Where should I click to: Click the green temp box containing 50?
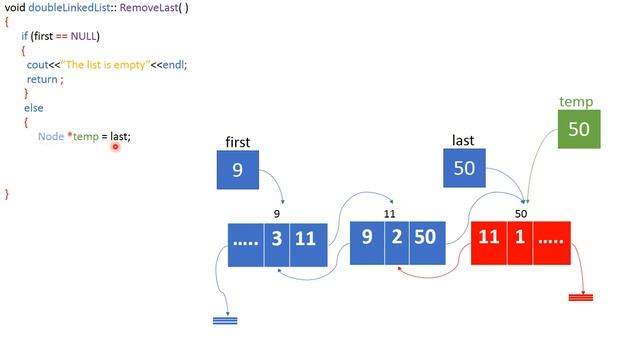point(578,129)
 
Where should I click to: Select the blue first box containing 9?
point(238,169)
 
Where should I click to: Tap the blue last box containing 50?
point(464,168)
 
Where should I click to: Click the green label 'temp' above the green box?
point(576,102)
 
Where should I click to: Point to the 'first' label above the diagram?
point(238,142)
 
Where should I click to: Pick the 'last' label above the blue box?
point(463,141)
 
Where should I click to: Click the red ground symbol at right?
point(580,297)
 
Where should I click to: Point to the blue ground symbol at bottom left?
point(226,320)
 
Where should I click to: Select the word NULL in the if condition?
point(85,36)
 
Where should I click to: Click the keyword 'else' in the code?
point(33,107)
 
